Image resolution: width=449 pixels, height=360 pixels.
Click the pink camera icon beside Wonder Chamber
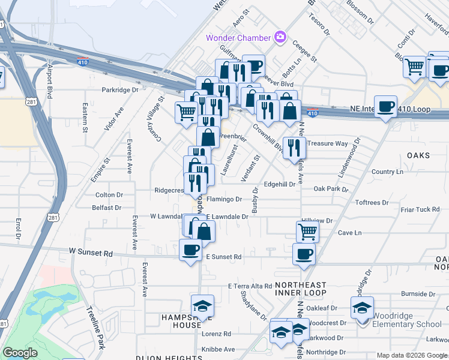(280, 38)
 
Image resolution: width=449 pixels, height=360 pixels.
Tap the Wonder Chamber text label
(239, 38)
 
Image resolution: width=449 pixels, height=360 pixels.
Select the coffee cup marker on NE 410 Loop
(385, 106)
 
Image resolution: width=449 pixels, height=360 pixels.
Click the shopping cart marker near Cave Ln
(307, 230)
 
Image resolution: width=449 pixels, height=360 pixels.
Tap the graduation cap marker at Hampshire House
(202, 306)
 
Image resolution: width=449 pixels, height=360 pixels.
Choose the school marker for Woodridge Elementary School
(362, 308)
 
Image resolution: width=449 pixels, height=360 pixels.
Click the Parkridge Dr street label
(119, 90)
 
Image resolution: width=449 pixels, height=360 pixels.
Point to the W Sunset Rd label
(91, 253)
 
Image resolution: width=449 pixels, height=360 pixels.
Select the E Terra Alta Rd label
(250, 286)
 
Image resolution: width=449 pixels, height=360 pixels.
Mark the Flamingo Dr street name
(224, 199)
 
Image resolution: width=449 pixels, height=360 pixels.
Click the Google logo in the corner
(20, 353)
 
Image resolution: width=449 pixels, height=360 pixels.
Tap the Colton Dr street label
(109, 195)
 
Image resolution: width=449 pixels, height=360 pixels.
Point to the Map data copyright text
(412, 355)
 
